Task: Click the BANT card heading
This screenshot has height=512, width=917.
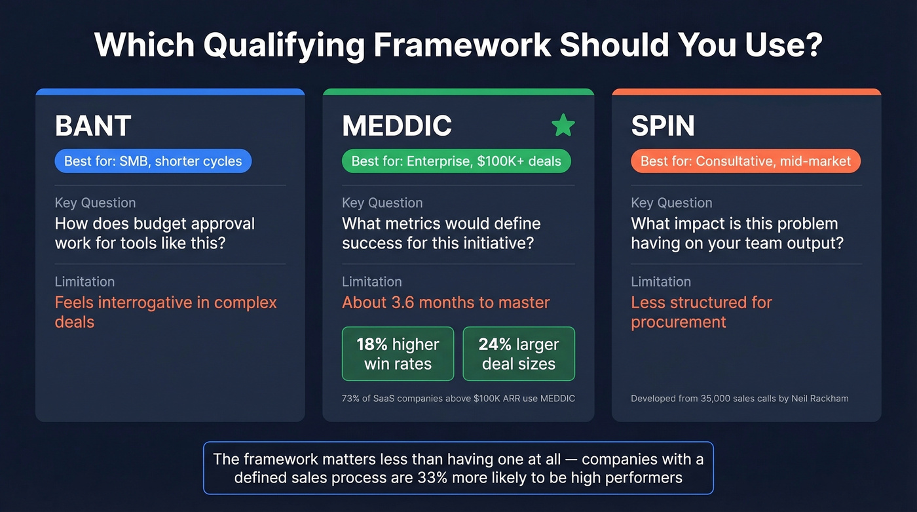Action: coord(93,126)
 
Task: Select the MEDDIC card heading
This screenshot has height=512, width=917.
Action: coord(397,126)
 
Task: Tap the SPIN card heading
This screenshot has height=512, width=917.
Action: coord(663,126)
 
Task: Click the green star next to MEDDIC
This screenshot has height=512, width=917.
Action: coord(563,125)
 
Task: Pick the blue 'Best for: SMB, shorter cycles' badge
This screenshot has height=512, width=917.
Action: coord(153,161)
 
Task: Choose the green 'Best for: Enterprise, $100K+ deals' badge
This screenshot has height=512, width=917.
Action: coord(456,161)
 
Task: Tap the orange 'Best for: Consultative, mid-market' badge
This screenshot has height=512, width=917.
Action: coord(745,161)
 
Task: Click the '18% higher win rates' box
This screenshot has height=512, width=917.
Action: coord(398,354)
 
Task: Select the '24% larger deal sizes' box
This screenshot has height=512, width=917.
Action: coord(519,354)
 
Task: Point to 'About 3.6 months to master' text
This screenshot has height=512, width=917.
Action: coord(445,302)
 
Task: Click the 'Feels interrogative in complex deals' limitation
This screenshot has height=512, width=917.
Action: coord(165,312)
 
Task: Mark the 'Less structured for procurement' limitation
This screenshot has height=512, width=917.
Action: coord(701,312)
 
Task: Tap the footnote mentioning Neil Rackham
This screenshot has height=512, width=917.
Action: coord(739,398)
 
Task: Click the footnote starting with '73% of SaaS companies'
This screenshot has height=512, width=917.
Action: coord(458,398)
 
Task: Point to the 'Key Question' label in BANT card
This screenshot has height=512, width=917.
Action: coord(95,203)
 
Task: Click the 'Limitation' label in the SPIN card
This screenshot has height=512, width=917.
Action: coord(660,282)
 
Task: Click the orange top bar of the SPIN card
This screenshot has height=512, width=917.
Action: coord(746,92)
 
